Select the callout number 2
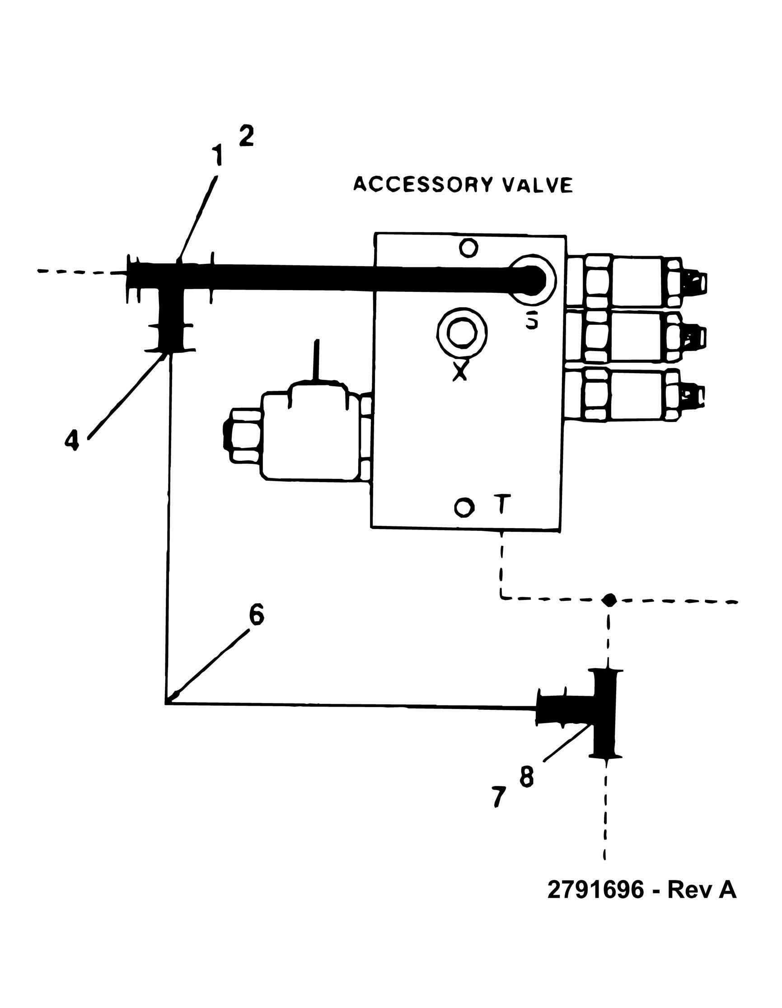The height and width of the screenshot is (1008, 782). click(246, 136)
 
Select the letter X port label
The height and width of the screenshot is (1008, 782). click(459, 370)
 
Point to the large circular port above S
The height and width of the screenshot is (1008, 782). click(533, 279)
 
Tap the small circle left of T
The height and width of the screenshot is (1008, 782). click(464, 507)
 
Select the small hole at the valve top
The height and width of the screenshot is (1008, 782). click(468, 248)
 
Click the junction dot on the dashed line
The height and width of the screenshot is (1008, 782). click(609, 600)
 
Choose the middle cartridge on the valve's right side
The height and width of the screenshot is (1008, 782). click(637, 336)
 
